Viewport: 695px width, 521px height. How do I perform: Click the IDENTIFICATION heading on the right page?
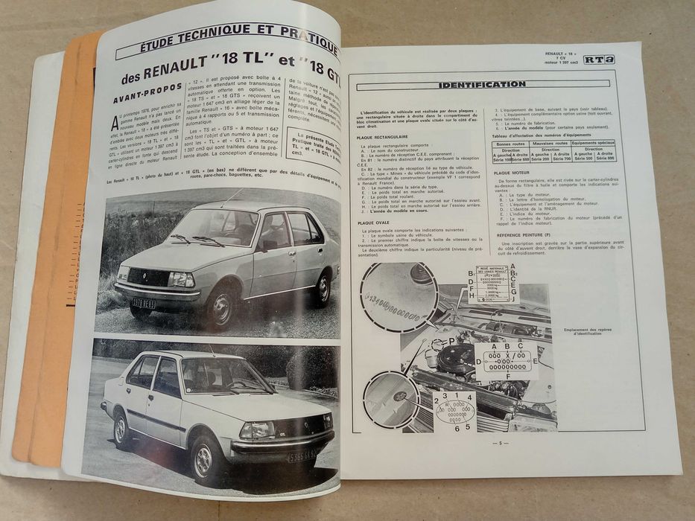[x=482, y=84]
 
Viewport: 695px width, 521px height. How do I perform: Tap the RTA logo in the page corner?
[x=598, y=59]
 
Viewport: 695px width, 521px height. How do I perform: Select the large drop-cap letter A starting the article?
[x=114, y=123]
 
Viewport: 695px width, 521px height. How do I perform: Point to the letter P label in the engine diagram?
[x=451, y=342]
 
